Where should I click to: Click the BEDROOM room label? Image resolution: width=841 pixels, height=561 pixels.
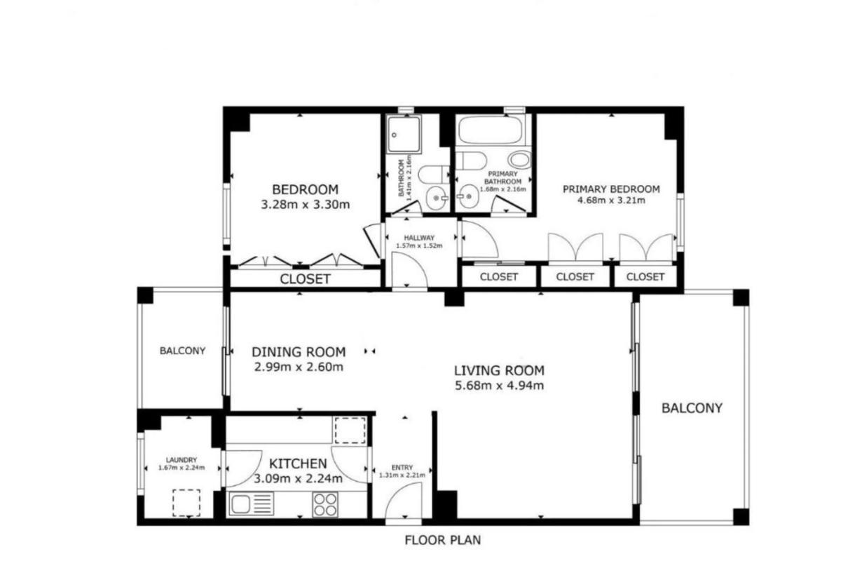305,189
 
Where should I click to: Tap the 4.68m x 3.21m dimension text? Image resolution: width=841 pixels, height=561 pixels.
611,201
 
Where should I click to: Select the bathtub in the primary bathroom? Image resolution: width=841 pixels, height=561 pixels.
491,130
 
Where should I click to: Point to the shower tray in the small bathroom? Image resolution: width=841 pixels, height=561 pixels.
404,134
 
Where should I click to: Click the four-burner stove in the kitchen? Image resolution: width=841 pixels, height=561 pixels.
325,505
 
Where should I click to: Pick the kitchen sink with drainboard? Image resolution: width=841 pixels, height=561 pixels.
251,504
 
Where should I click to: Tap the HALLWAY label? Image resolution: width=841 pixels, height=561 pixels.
419,238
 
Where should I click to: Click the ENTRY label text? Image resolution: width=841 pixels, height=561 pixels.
402,468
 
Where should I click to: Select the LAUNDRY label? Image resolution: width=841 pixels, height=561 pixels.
182,460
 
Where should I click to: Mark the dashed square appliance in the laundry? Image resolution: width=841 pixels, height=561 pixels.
186,503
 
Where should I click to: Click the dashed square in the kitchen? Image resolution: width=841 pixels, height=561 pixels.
350,431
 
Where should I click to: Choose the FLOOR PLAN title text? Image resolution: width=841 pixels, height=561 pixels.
443,540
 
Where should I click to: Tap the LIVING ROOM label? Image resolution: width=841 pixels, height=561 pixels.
499,370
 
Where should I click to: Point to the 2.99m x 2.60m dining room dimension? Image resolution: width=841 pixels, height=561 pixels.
299,367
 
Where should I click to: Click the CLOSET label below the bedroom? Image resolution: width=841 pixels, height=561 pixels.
305,279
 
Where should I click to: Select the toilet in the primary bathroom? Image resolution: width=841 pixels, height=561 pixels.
519,160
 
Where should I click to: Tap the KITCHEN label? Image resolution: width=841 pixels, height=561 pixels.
298,464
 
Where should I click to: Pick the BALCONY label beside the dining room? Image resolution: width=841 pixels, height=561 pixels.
182,351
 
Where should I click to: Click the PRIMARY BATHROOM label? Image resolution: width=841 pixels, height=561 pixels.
502,177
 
